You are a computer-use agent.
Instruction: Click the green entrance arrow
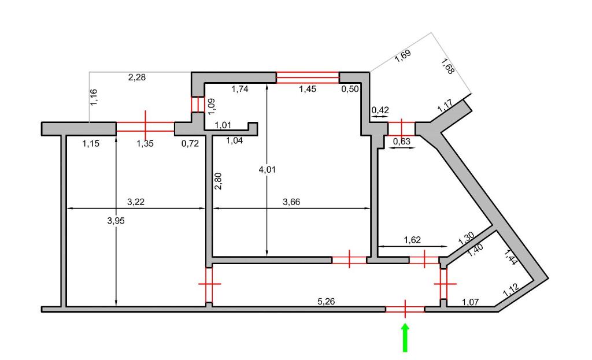click(405, 338)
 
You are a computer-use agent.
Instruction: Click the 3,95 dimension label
click(116, 221)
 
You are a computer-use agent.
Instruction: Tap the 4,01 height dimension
click(267, 170)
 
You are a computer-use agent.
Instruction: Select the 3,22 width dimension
click(136, 202)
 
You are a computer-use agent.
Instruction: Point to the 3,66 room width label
click(291, 202)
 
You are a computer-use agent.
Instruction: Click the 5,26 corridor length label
click(326, 301)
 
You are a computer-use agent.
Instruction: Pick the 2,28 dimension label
click(137, 77)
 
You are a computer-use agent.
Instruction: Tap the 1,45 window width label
click(308, 89)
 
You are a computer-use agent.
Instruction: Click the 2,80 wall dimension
click(218, 181)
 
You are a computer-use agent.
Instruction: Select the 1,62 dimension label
click(412, 240)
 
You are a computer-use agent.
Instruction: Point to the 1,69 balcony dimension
click(403, 56)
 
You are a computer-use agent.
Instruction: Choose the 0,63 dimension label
click(402, 142)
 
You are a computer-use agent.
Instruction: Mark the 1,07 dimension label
click(471, 302)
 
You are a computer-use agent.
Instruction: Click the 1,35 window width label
click(145, 143)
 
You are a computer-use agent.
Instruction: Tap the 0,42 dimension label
click(380, 110)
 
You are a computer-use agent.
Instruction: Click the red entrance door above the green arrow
click(405, 309)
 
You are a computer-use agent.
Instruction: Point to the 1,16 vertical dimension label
click(94, 97)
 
